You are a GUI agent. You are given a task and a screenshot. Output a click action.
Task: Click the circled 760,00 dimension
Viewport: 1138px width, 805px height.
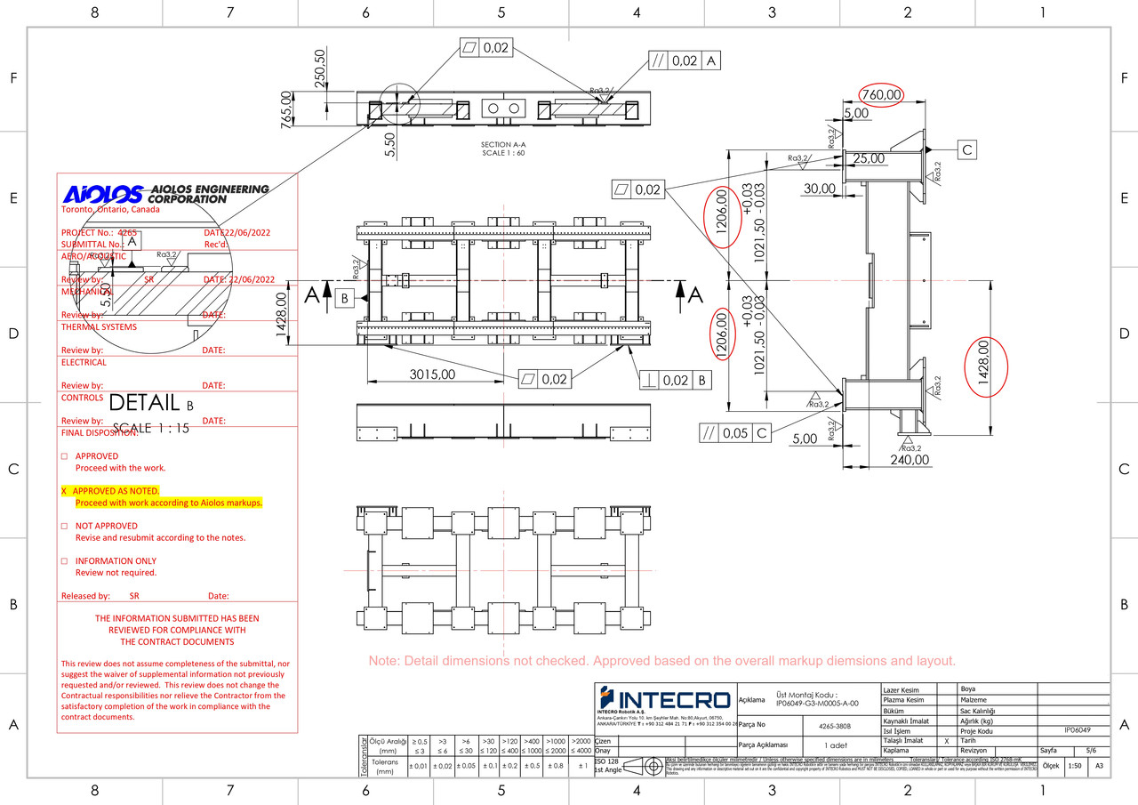880,94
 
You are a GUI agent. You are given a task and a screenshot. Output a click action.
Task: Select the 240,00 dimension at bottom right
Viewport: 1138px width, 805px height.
910,460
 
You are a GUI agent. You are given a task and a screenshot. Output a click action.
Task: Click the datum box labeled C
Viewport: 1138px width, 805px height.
966,150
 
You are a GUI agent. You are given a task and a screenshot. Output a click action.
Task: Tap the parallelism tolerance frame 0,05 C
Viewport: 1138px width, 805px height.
734,433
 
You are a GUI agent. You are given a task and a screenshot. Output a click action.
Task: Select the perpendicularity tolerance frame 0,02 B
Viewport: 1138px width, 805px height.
676,380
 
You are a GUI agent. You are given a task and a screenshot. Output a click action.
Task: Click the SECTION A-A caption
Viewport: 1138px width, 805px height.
503,144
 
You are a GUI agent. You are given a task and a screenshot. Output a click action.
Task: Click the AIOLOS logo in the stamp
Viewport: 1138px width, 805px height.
103,194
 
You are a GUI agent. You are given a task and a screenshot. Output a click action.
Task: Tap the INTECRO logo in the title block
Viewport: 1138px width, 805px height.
663,700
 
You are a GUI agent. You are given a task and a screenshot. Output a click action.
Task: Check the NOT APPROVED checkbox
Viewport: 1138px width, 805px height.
64,526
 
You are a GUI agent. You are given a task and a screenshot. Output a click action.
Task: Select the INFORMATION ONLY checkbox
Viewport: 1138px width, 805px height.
64,561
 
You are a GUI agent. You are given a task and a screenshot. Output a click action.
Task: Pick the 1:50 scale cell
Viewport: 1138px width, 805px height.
1074,766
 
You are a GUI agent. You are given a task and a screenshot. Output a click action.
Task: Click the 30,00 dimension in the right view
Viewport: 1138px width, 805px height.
819,189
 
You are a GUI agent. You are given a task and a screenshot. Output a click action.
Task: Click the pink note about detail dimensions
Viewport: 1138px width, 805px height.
662,661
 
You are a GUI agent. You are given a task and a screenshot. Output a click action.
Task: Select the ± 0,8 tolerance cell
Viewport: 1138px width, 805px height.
557,766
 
